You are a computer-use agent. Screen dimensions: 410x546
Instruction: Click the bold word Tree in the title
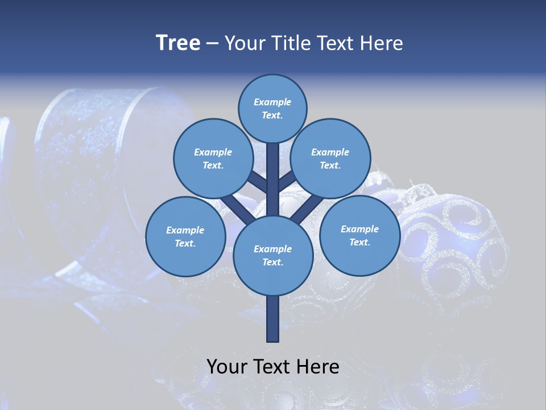pos(178,43)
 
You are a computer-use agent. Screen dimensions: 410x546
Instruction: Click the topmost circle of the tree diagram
pos(272,108)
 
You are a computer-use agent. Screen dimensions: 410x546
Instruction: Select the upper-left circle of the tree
pos(213,158)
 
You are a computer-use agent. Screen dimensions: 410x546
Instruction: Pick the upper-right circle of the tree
pos(330,158)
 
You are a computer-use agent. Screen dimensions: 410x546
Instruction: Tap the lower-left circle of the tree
pos(185,236)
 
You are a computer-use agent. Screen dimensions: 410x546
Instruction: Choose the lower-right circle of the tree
pos(359,235)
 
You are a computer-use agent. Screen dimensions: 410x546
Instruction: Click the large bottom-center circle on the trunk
pos(273,255)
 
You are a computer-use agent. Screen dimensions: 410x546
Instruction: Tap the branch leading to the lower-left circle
pos(236,208)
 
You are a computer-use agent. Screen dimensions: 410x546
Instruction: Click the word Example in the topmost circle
pos(272,102)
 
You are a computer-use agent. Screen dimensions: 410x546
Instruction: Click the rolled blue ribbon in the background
pos(85,171)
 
